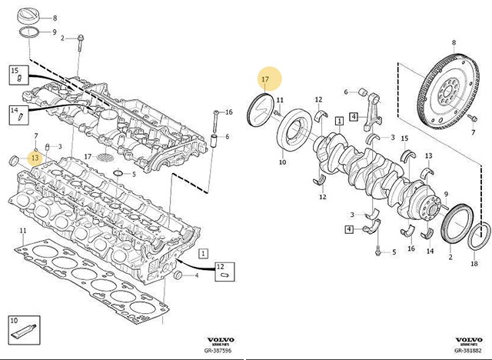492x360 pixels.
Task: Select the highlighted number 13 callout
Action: point(33,158)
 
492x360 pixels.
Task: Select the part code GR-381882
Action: point(469,348)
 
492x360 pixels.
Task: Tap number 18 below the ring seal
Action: point(474,263)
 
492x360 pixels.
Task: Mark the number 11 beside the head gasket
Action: point(23,231)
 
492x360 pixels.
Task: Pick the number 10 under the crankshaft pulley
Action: point(281,162)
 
